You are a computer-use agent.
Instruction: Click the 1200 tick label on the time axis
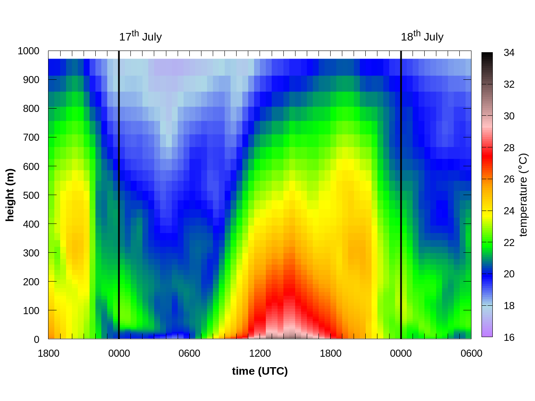[x=260, y=353]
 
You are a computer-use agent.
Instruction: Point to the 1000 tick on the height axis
[x=28, y=51]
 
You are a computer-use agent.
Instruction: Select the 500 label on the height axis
[x=31, y=195]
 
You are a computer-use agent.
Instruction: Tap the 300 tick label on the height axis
[x=31, y=253]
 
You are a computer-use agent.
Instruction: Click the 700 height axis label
[x=31, y=137]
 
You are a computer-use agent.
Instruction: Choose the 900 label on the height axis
[x=31, y=80]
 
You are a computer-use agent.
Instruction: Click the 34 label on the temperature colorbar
[x=509, y=53]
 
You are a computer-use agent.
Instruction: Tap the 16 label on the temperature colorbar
[x=509, y=338]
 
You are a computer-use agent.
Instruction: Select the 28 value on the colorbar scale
[x=509, y=148]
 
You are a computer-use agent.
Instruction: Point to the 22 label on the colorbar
[x=509, y=243]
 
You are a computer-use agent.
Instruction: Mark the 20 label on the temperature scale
[x=509, y=274]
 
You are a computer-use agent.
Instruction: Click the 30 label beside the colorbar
[x=509, y=116]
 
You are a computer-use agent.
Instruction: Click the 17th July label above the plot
[x=140, y=37]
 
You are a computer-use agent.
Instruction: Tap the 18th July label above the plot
[x=422, y=37]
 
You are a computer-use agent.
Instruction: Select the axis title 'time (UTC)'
[x=260, y=371]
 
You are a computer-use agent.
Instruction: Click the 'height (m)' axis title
[x=10, y=195]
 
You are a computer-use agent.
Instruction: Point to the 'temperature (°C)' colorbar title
[x=523, y=195]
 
